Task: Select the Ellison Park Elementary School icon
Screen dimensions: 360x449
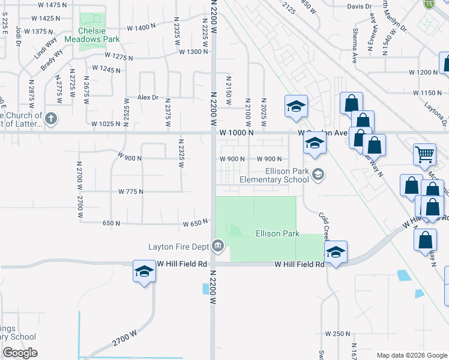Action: coord(318,175)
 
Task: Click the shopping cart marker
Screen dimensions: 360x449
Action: coord(424,154)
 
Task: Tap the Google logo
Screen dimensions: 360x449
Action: coord(20,353)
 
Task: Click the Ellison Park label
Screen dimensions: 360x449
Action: coord(277,233)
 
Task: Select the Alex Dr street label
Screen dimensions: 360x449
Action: coord(148,97)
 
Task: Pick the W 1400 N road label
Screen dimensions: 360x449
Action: coord(141,28)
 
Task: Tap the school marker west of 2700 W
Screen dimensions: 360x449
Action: coord(144,273)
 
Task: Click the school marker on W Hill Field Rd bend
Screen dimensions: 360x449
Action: coord(336,251)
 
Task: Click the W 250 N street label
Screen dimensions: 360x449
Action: coord(337,334)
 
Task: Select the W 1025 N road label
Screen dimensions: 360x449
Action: coord(106,124)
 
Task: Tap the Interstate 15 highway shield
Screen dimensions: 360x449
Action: coord(428,4)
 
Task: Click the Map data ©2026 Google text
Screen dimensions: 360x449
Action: coord(411,355)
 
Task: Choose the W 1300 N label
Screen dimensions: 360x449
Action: coord(193,52)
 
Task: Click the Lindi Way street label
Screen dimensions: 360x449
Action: coord(46,47)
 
